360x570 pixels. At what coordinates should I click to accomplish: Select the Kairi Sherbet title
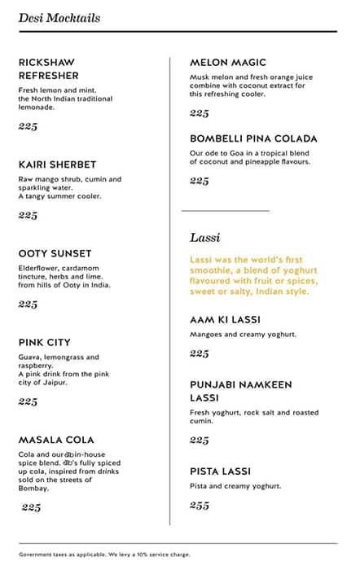pos(57,164)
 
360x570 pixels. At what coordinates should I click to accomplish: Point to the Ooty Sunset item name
pos(55,253)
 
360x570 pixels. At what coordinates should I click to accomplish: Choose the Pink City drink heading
pos(45,342)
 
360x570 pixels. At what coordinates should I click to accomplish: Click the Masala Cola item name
pos(56,440)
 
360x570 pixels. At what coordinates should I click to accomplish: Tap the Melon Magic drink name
pos(228,62)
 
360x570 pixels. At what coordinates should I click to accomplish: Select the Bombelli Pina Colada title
pos(253,138)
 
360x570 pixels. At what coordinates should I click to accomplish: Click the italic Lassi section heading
pos(205,237)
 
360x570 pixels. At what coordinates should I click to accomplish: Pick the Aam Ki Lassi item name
pos(225,320)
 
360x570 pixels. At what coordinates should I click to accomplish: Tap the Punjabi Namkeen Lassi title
pos(241,392)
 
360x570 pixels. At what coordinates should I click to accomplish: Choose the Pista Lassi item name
pos(220,471)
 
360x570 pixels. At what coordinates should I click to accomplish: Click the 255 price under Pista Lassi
pos(200,505)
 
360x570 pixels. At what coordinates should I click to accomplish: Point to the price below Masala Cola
pos(31,507)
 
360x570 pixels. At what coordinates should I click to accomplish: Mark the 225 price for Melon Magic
pos(200,113)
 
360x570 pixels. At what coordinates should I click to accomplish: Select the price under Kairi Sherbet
pos(28,215)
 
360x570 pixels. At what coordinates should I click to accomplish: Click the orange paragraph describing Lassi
pos(253,275)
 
